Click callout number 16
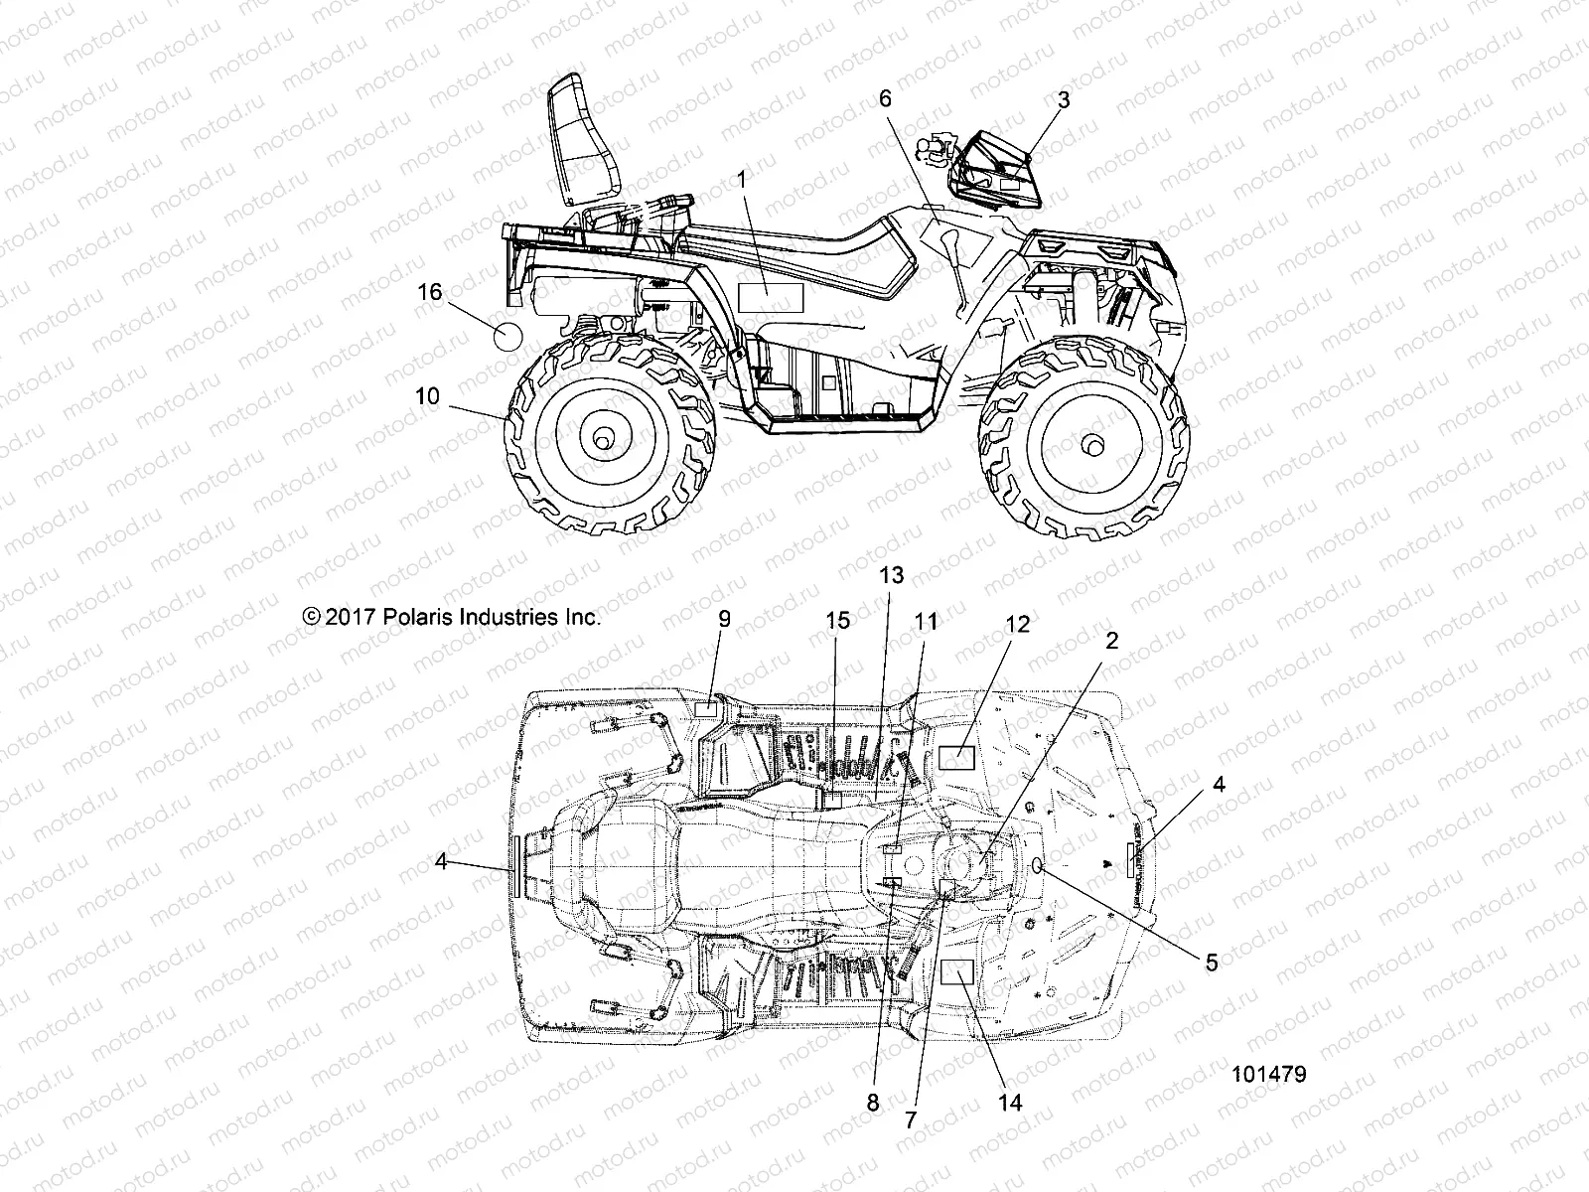click(x=429, y=293)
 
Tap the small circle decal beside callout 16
click(x=507, y=336)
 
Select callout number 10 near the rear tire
click(x=427, y=395)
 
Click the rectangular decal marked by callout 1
click(x=770, y=298)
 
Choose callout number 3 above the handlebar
click(x=1064, y=99)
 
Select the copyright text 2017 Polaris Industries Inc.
click(x=453, y=617)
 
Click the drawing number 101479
click(x=1269, y=1075)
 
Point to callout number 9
click(x=724, y=619)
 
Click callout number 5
click(x=1211, y=962)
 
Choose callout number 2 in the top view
click(x=1111, y=641)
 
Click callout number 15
click(x=837, y=621)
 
